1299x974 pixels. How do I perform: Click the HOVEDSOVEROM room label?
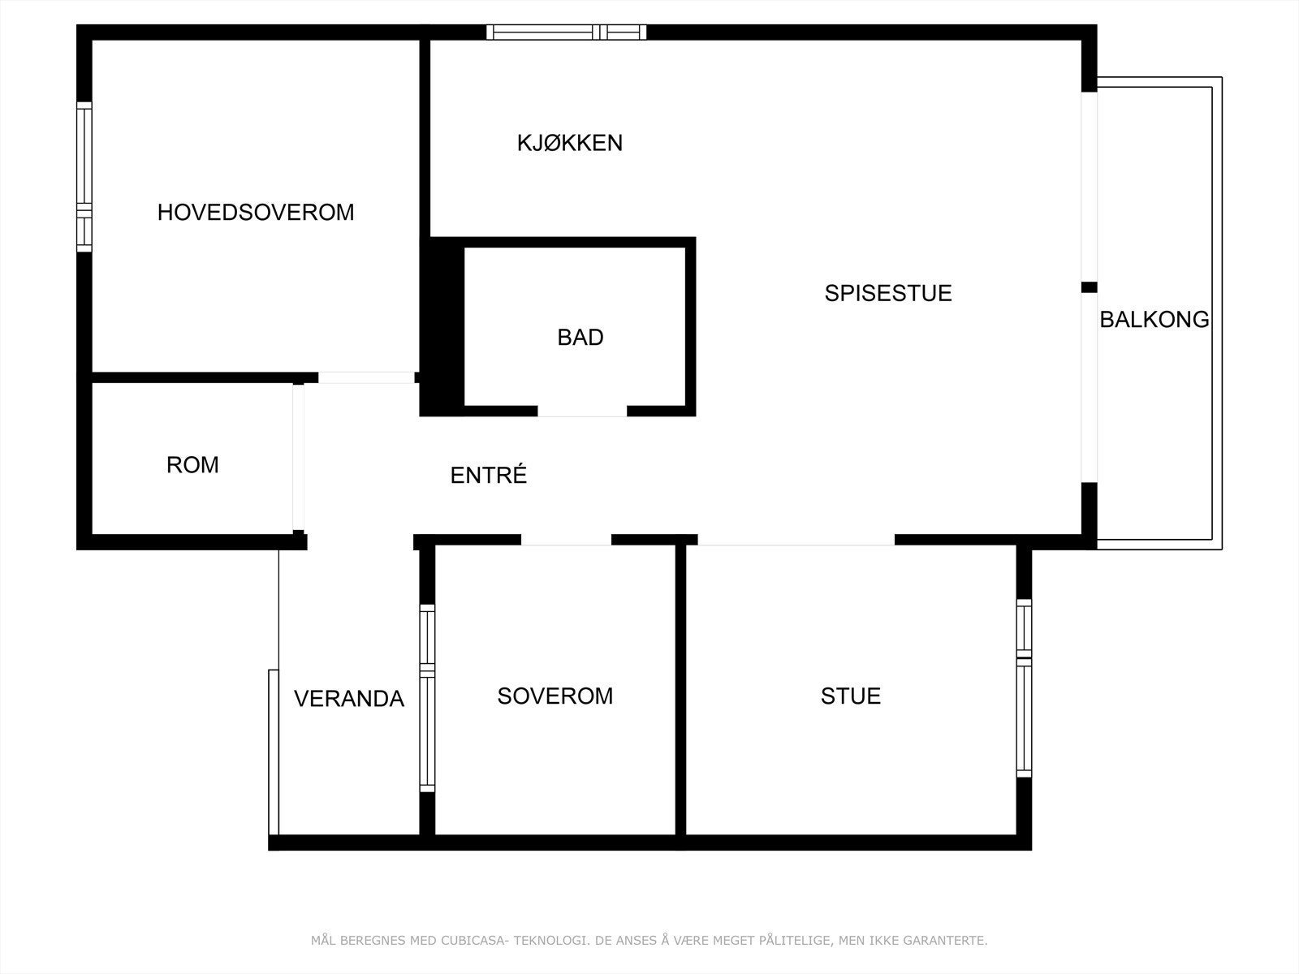tap(256, 213)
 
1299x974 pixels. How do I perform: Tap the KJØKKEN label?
tap(570, 143)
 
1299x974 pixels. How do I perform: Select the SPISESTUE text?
tap(888, 293)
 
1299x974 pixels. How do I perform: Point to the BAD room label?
tap(580, 338)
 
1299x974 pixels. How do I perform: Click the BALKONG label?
tap(1154, 320)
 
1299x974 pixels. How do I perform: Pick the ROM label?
tap(192, 465)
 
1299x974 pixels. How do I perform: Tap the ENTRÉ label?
tap(489, 476)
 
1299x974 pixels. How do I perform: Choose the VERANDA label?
tap(349, 699)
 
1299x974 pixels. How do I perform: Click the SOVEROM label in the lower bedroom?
tap(555, 696)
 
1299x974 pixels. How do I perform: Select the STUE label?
tap(851, 696)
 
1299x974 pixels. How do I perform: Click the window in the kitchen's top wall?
tap(567, 32)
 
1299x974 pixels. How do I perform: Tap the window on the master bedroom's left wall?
tap(84, 176)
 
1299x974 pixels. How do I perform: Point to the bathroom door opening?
tap(582, 411)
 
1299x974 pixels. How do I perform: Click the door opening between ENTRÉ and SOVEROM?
tap(566, 540)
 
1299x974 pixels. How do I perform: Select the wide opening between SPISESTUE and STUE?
tap(796, 540)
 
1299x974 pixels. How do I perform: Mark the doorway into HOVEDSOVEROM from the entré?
tap(366, 377)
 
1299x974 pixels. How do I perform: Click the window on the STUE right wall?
tap(1024, 688)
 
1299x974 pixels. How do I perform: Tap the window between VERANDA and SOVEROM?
tap(427, 698)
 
